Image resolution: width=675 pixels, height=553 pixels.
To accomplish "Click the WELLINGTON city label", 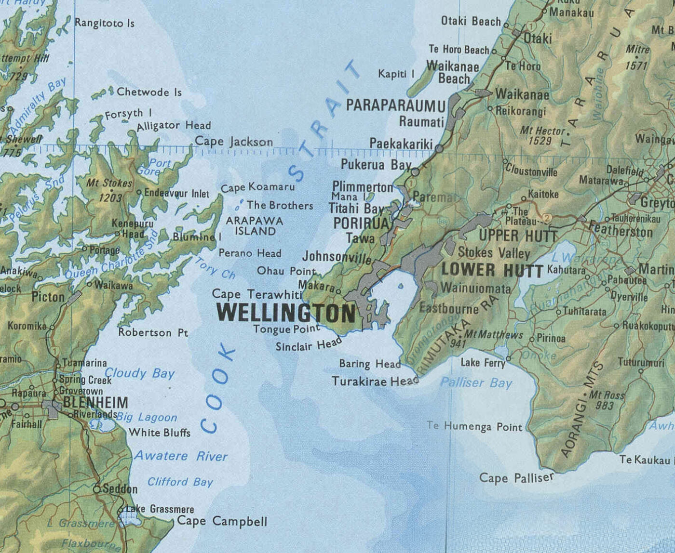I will click(x=285, y=314).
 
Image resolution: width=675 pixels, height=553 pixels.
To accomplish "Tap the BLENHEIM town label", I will click(x=95, y=402).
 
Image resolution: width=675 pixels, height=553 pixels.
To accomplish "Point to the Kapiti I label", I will click(x=396, y=74).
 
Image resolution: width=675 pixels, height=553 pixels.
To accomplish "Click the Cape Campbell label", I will click(x=222, y=521).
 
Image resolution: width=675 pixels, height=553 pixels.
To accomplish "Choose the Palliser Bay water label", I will click(x=476, y=383).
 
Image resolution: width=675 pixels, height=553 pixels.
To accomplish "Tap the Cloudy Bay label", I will click(x=140, y=373).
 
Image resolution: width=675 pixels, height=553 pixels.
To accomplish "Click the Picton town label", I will click(x=48, y=297).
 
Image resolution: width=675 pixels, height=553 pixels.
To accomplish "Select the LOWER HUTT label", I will click(x=492, y=270).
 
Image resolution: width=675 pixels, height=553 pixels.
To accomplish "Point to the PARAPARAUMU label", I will click(x=396, y=105).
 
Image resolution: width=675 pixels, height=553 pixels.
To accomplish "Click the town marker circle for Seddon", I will click(x=97, y=489).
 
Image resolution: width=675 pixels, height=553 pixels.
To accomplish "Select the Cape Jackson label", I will click(x=234, y=142).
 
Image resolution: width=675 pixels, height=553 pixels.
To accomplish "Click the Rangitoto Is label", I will click(x=105, y=23).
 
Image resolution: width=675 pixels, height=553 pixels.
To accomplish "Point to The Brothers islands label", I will click(x=280, y=206).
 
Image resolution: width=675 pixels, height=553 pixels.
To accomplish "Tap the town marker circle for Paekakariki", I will click(x=439, y=148).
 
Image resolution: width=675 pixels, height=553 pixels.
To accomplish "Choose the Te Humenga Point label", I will click(x=474, y=426).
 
